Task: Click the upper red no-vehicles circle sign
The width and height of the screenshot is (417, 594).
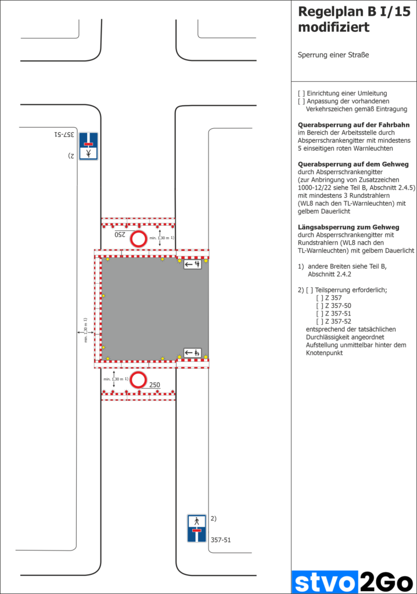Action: coord(138,238)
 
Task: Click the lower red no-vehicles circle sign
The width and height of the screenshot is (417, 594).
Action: coord(138,380)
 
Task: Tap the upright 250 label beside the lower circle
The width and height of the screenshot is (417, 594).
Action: coord(154,385)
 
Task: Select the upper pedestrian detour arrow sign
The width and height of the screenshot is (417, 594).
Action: coord(193,265)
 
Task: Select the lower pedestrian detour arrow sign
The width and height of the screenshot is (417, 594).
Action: coord(193,352)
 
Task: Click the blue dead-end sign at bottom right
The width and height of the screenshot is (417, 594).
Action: coord(196,528)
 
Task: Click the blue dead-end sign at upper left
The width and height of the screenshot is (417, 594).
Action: coord(88,146)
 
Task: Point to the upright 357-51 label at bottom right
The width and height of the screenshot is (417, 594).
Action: coord(221,540)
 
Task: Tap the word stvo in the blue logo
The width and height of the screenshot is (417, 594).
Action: coord(325,581)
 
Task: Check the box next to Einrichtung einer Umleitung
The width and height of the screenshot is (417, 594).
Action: coord(301,93)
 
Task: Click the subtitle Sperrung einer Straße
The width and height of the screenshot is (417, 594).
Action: coord(333,55)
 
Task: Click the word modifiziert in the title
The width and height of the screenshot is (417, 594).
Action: coord(333,27)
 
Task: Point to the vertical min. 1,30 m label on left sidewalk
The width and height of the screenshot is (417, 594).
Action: coord(85,330)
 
